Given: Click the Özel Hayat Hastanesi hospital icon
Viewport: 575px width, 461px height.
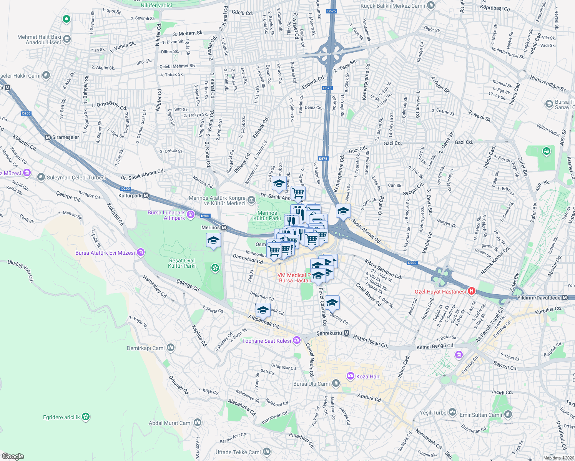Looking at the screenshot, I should (x=471, y=291).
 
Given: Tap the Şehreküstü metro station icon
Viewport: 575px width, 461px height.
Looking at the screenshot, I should (x=346, y=333).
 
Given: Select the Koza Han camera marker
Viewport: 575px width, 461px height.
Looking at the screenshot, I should (x=350, y=376).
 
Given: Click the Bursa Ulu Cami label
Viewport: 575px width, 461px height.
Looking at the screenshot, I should (x=311, y=384).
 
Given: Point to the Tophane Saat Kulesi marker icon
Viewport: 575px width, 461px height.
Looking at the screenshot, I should (x=296, y=340).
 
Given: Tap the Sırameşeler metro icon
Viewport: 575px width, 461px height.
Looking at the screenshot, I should (x=48, y=137).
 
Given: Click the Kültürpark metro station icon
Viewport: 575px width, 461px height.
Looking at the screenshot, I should (x=146, y=196).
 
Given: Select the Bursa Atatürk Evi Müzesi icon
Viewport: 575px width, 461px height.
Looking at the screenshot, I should (x=140, y=252).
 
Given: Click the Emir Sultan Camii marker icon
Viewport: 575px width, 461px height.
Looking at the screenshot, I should (x=508, y=415).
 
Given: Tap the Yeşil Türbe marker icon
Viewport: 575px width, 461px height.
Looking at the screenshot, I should (x=452, y=413).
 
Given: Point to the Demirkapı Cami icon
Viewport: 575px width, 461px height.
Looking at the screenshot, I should (x=170, y=348).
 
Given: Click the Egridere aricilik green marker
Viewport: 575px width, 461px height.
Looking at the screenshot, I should (x=86, y=417).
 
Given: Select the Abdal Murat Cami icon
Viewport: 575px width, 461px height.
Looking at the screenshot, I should (x=197, y=423).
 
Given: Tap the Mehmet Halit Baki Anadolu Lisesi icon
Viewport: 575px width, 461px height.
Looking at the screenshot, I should (x=67, y=39).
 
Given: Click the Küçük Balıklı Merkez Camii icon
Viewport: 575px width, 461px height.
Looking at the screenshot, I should (x=431, y=5).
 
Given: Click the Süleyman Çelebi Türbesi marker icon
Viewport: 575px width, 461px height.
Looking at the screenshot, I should (x=41, y=177).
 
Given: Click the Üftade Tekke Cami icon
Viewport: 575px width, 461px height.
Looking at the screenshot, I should (x=267, y=452).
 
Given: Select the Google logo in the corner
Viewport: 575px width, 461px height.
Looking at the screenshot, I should (x=13, y=456).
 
